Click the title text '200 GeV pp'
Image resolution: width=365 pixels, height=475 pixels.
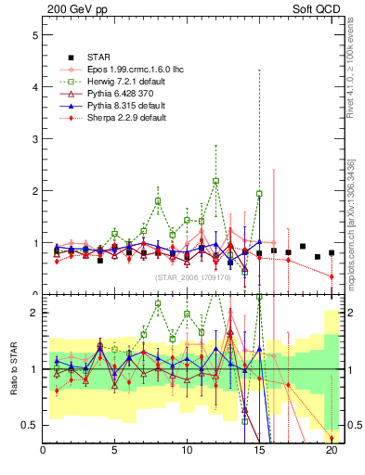72,10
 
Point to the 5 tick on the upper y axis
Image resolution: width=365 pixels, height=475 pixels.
33,35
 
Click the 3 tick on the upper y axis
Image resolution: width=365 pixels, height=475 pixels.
33,139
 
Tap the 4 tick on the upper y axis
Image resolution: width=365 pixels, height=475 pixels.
33,87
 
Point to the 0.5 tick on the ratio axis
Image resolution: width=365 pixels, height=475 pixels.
31,425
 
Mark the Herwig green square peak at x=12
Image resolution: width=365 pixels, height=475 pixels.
215,181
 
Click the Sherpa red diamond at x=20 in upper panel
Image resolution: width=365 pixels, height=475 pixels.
332,276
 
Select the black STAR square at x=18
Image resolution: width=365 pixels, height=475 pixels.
303,247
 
